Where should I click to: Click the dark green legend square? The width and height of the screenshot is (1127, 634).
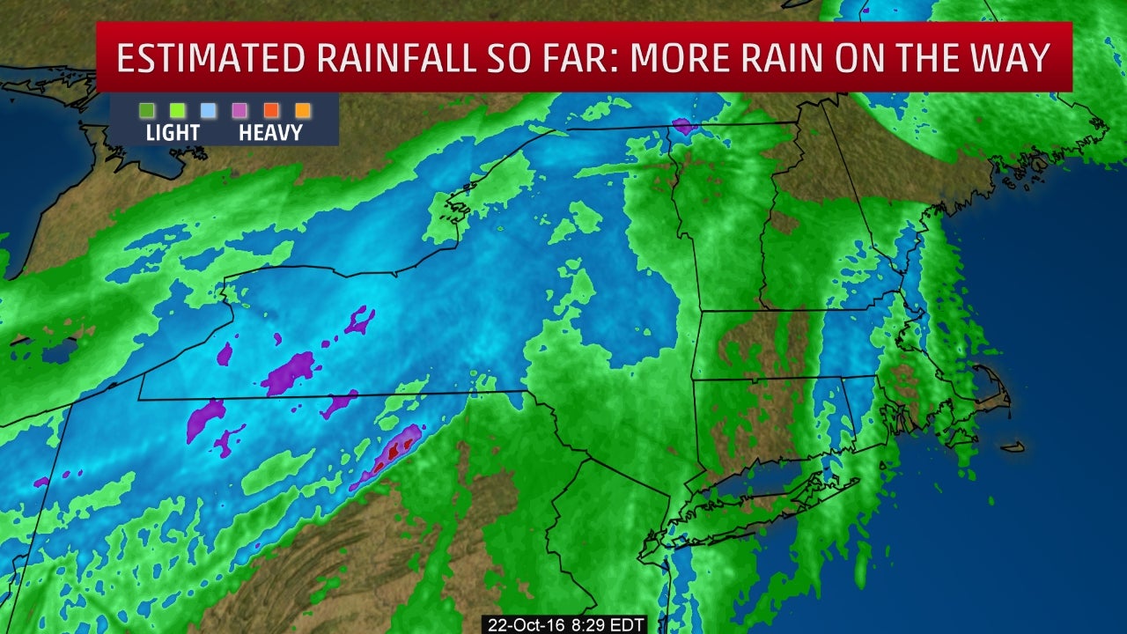tap(147, 111)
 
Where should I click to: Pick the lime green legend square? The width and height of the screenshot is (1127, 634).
tap(178, 111)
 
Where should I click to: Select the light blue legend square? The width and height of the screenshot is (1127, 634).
tap(209, 111)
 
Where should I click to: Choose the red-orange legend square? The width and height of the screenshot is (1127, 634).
tap(271, 111)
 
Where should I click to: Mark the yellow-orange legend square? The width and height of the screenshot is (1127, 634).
tap(302, 111)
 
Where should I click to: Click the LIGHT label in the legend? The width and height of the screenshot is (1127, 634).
tap(173, 133)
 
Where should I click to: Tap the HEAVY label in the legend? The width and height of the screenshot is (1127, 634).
tap(270, 133)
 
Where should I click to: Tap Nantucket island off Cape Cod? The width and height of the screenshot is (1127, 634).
tap(1013, 447)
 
